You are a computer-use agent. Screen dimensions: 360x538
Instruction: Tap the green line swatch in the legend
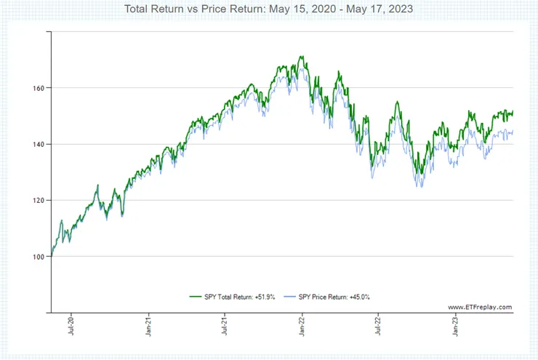pos(195,296)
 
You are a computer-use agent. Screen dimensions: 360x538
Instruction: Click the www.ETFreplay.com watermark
pos(480,307)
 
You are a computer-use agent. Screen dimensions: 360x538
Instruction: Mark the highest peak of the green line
pos(300,57)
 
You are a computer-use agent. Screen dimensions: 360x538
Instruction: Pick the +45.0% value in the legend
pos(368,296)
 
